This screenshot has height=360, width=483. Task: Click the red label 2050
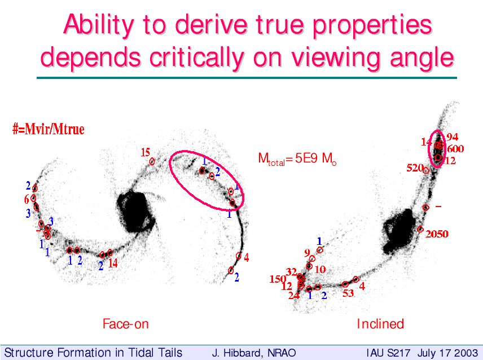point(437,234)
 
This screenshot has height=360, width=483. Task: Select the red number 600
point(455,149)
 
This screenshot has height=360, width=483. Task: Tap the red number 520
point(415,168)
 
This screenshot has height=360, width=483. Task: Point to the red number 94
point(452,137)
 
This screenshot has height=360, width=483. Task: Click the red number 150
point(278,279)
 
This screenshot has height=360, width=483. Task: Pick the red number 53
point(348,293)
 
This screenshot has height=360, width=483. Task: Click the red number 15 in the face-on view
point(146,152)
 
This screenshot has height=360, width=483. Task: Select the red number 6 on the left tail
point(27,200)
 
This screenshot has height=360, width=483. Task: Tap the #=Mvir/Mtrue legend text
point(49,129)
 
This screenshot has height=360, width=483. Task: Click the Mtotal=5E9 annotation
point(297,159)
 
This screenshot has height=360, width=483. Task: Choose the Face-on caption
point(126,324)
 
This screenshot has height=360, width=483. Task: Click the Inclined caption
point(380,324)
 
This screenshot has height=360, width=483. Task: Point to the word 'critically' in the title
point(197,58)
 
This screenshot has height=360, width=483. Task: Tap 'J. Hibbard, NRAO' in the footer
point(254,353)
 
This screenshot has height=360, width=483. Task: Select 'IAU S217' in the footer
point(388,353)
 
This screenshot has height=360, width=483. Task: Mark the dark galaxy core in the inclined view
point(399,230)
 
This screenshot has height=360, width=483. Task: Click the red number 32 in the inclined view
point(291,272)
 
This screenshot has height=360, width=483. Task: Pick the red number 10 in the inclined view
point(320,270)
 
